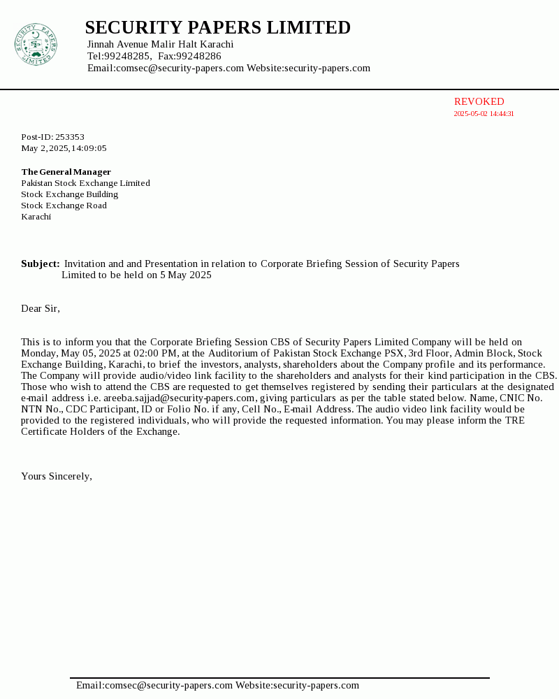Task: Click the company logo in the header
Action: (x=35, y=45)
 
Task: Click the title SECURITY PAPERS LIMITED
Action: (x=217, y=28)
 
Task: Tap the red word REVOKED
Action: (x=479, y=102)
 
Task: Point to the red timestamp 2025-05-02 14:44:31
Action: (x=484, y=114)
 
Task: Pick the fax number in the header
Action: (x=198, y=56)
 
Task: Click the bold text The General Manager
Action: (x=66, y=172)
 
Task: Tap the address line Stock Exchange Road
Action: (x=64, y=206)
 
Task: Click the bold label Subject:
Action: (x=40, y=264)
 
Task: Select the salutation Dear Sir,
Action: (x=41, y=309)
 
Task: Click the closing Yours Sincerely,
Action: (x=57, y=477)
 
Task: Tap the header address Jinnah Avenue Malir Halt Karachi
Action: (x=160, y=45)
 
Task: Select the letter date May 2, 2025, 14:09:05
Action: (x=64, y=148)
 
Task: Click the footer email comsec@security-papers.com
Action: (x=168, y=686)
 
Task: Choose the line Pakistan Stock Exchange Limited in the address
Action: (x=85, y=183)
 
